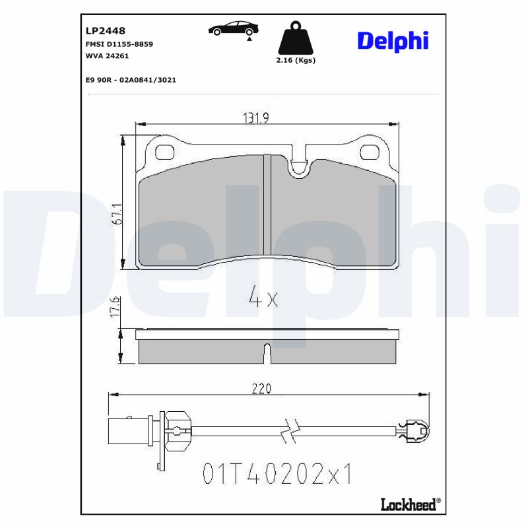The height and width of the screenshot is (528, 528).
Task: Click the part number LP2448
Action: pos(106,30)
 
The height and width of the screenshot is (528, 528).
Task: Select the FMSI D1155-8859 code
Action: pos(119,44)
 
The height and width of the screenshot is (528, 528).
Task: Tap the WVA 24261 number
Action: pos(107,56)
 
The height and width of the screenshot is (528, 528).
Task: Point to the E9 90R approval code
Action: pos(131,79)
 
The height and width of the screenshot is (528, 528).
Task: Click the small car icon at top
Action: pos(233,29)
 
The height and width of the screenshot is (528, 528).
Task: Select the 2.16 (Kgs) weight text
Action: pos(295,60)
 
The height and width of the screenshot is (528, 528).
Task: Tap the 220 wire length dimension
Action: pos(261,389)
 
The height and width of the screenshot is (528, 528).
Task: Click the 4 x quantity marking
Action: pos(264,298)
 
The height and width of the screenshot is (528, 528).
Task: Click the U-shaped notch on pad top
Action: pos(298,168)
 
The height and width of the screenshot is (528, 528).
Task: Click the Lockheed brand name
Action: pos(409,505)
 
